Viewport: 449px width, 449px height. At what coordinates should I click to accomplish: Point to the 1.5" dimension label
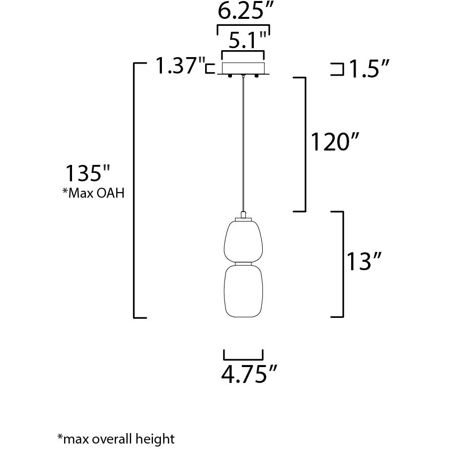click(367, 70)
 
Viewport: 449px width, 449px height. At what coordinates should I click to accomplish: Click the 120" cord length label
click(334, 143)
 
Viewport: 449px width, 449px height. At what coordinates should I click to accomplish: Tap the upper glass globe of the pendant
click(243, 241)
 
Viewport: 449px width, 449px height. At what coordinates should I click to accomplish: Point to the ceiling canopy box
click(243, 68)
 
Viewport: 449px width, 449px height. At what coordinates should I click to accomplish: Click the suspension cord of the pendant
click(243, 144)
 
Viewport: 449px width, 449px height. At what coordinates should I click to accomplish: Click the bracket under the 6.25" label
click(244, 27)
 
